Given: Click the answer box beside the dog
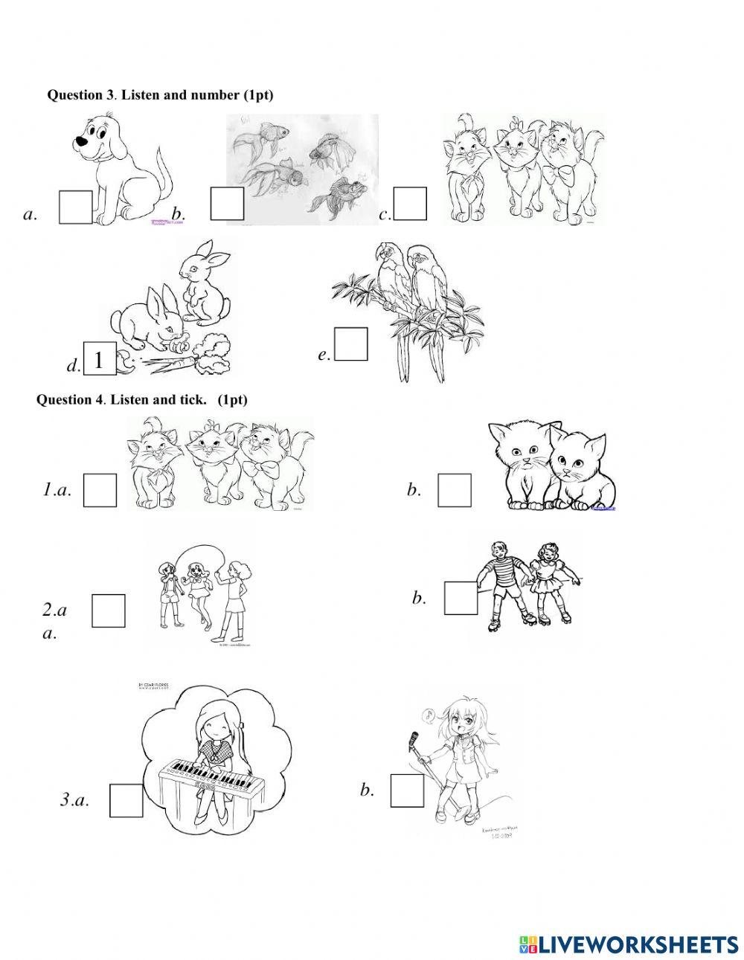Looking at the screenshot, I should (76, 207).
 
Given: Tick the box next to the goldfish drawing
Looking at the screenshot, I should (228, 204).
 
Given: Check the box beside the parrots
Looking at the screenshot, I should (351, 344).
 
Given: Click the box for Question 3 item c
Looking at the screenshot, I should (410, 204).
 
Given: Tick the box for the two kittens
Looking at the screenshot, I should (454, 491).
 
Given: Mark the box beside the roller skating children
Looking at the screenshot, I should (461, 598).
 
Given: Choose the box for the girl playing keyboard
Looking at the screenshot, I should (126, 800).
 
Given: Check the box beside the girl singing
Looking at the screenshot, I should (407, 790).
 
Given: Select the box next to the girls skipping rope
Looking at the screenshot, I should (108, 610).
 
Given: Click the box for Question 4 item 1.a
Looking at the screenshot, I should (100, 491).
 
